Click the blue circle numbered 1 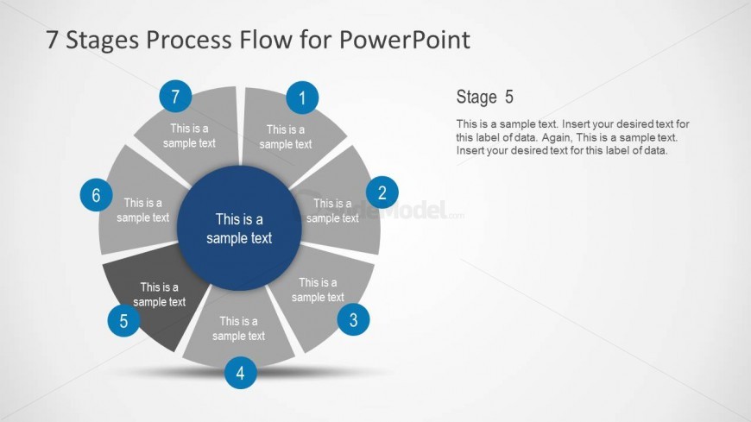click(301, 98)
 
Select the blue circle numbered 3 click(353, 321)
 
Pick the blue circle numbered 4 click(240, 374)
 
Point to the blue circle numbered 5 click(123, 322)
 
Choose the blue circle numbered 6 click(96, 196)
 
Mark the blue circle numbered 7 click(175, 97)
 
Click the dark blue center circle click(239, 228)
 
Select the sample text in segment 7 click(189, 136)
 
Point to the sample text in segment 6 click(143, 211)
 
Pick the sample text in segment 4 click(238, 329)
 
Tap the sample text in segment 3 click(318, 290)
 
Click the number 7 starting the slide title click(52, 40)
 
